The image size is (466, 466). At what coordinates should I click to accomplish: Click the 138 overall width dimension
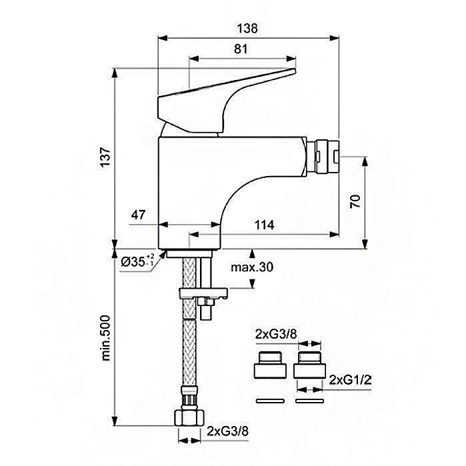tap(247, 29)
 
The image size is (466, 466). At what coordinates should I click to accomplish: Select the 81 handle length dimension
tap(241, 49)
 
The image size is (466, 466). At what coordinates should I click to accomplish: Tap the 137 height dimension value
tap(105, 157)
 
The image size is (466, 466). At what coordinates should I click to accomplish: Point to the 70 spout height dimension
tap(355, 201)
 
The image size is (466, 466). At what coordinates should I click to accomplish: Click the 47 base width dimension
tap(138, 215)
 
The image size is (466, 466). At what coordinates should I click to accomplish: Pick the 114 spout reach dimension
tap(265, 225)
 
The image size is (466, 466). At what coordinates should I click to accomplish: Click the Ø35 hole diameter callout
tap(138, 261)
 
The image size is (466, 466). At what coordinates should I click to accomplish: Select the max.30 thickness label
tap(252, 267)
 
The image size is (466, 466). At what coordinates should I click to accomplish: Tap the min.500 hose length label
tap(105, 338)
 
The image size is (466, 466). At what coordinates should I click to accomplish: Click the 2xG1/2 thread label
tap(350, 380)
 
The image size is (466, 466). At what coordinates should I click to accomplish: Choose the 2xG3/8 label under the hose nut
tap(227, 431)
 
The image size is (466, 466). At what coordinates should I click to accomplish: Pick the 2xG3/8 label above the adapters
tap(276, 335)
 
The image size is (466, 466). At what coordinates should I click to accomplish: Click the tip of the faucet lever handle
tap(294, 71)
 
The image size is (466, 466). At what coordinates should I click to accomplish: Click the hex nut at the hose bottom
tap(189, 417)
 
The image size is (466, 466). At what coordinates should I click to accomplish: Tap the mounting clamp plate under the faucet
tap(203, 293)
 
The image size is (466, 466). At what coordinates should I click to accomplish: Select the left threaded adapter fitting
tap(270, 365)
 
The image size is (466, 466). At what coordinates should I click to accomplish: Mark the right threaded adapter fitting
tap(310, 365)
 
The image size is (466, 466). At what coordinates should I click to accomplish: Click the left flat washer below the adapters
tap(270, 401)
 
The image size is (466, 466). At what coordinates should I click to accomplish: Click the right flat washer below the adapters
tap(310, 401)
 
